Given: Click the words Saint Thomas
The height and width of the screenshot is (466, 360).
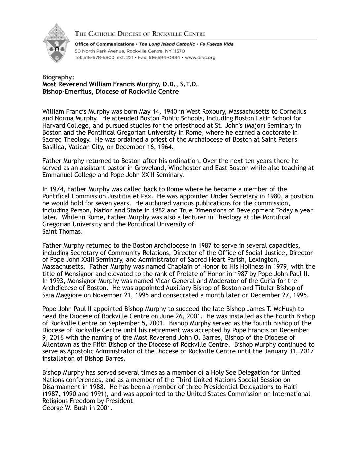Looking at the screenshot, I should point(62,231).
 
